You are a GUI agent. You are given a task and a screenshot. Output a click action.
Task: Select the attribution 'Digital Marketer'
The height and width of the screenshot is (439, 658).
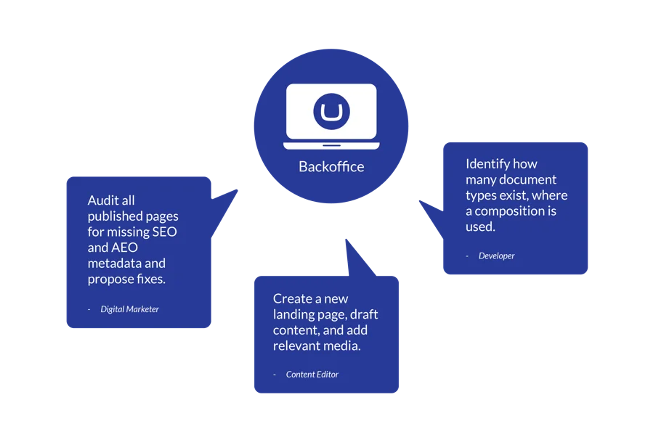point(130,309)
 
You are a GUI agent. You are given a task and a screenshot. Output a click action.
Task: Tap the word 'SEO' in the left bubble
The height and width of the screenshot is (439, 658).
point(164,232)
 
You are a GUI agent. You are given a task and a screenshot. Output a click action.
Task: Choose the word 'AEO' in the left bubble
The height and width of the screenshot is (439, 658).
point(125,248)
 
